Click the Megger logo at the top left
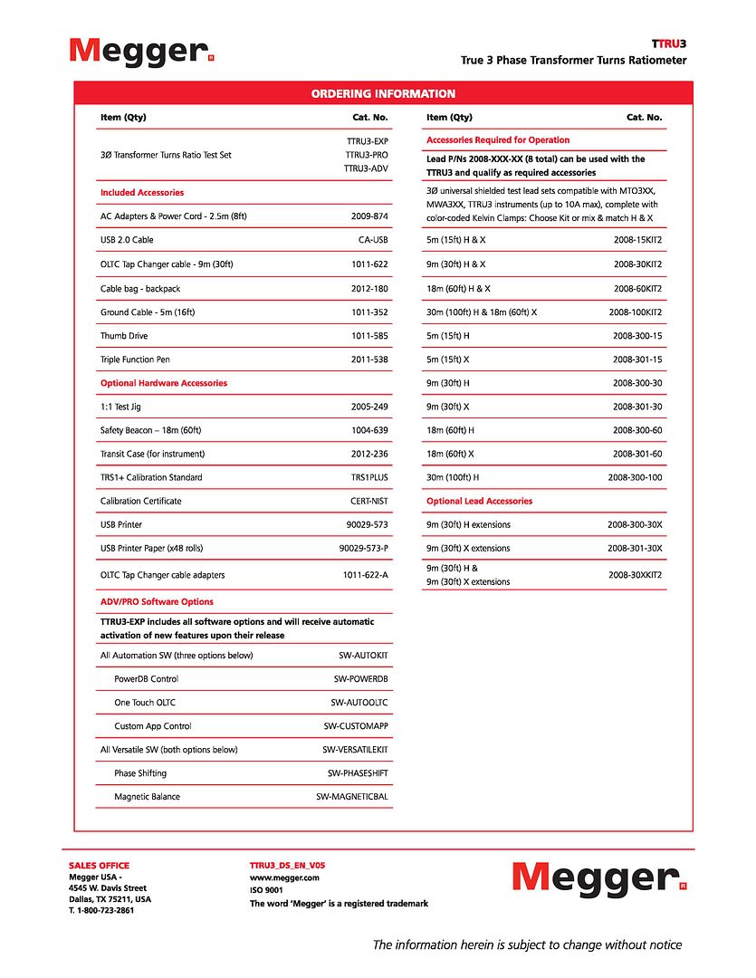pyautogui.click(x=141, y=51)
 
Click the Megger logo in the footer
pyautogui.click(x=596, y=877)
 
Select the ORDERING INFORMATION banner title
pyautogui.click(x=383, y=93)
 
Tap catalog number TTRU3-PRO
pyautogui.click(x=367, y=155)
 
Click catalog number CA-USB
pyautogui.click(x=373, y=240)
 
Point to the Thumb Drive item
pyautogui.click(x=125, y=336)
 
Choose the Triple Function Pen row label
pyautogui.click(x=135, y=360)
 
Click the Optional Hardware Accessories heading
pyautogui.click(x=164, y=383)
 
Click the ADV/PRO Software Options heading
pyautogui.click(x=157, y=601)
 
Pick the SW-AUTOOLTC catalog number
pyautogui.click(x=359, y=703)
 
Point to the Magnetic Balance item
pyautogui.click(x=147, y=797)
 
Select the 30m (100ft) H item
pyautogui.click(x=453, y=477)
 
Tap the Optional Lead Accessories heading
pyautogui.click(x=479, y=501)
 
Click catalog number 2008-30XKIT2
pyautogui.click(x=635, y=574)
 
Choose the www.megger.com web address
pyautogui.click(x=284, y=877)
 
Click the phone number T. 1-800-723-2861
pyautogui.click(x=101, y=910)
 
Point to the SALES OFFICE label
pyautogui.click(x=99, y=866)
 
